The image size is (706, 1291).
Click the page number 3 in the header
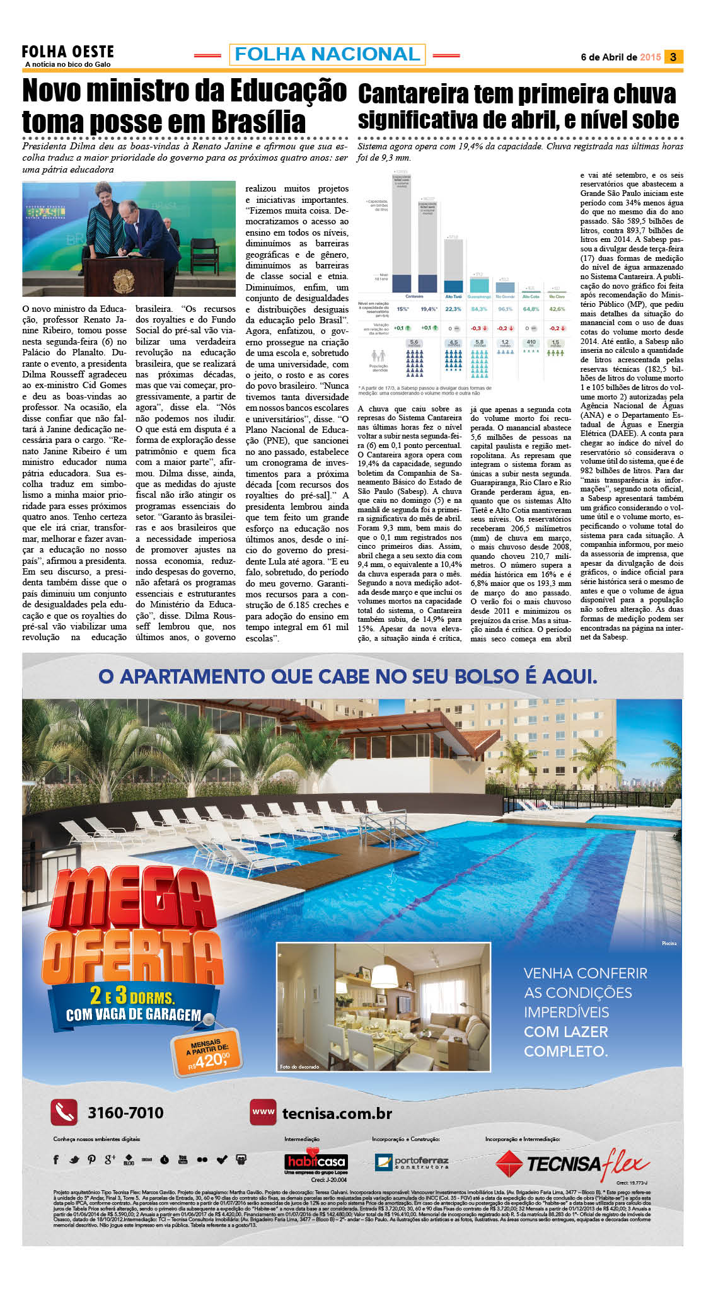pyautogui.click(x=673, y=57)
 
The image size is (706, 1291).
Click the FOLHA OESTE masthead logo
pyautogui.click(x=67, y=52)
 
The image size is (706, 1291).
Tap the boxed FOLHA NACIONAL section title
pyautogui.click(x=327, y=54)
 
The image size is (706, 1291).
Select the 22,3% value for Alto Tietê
pyautogui.click(x=453, y=309)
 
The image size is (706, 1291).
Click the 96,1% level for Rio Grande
pyautogui.click(x=505, y=309)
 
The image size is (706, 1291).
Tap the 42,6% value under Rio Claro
pyautogui.click(x=557, y=309)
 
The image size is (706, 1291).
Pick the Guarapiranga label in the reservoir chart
pyautogui.click(x=479, y=296)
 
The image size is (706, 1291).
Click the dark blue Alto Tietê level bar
pyautogui.click(x=453, y=285)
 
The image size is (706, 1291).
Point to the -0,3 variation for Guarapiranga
pyautogui.click(x=478, y=328)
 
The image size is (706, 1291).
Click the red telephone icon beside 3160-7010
pyautogui.click(x=64, y=1113)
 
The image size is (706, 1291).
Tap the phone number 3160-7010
pyautogui.click(x=125, y=1113)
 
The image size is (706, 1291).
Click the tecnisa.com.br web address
pyautogui.click(x=337, y=1113)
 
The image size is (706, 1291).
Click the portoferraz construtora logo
pyautogui.click(x=412, y=1161)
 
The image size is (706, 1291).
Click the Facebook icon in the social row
pyautogui.click(x=56, y=1159)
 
